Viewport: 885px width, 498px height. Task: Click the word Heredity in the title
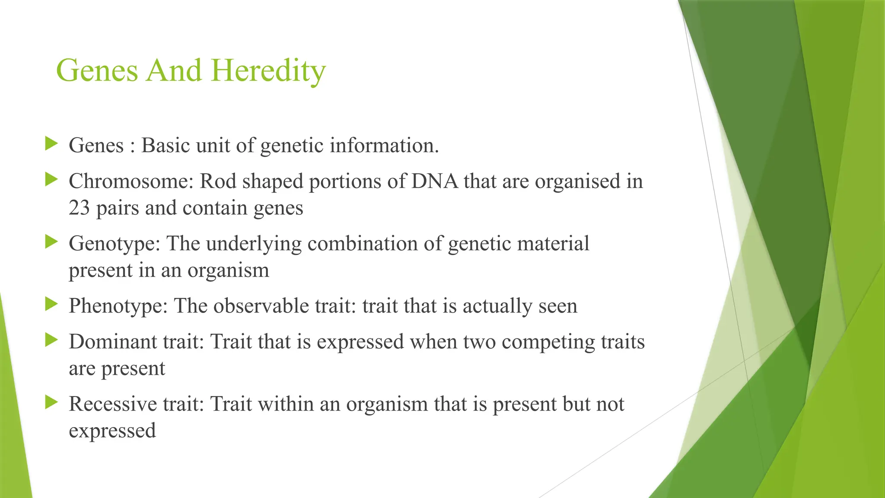click(268, 70)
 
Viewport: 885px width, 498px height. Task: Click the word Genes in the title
click(97, 70)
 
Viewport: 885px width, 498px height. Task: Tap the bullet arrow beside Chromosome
click(51, 179)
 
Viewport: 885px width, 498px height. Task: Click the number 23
click(79, 208)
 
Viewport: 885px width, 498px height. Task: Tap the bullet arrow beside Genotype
click(51, 242)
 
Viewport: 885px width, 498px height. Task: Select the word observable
click(261, 306)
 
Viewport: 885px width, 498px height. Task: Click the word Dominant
click(112, 342)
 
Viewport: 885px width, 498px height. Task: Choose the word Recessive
click(113, 404)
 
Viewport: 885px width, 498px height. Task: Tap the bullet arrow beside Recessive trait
click(51, 402)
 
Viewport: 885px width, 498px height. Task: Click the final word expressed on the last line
click(112, 431)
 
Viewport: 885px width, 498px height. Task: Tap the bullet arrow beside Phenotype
click(51, 304)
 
